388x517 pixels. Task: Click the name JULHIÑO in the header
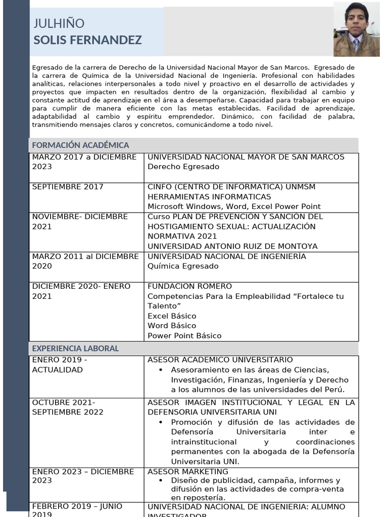[x=59, y=24]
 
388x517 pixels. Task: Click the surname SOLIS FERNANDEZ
[x=87, y=40]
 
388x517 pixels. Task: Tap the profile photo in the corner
[x=356, y=29]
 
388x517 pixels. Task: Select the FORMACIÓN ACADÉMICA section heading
[x=80, y=145]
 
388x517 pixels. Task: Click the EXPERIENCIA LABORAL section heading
[x=75, y=348]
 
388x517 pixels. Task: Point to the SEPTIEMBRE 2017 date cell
[x=68, y=187]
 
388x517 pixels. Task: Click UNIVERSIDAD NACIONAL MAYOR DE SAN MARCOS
[x=246, y=157]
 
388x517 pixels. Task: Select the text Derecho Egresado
[x=176, y=167]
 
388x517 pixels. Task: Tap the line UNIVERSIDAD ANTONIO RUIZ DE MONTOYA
[x=232, y=246]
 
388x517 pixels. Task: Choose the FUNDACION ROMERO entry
[x=189, y=286]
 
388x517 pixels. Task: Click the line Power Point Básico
[x=184, y=336]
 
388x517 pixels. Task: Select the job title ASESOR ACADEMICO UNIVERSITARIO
[x=220, y=360]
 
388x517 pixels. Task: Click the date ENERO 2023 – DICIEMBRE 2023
[x=83, y=476]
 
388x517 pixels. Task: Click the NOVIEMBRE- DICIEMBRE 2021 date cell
[x=80, y=222]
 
